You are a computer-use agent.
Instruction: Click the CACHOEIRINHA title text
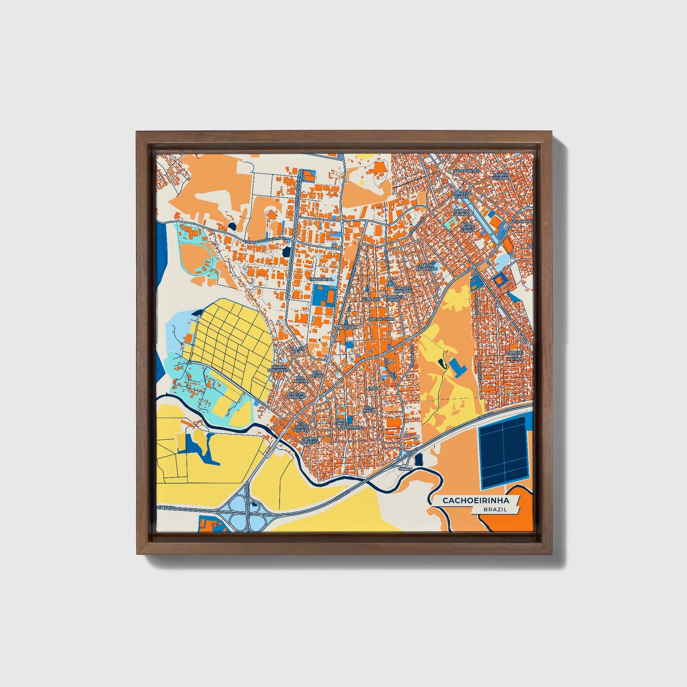[469, 501]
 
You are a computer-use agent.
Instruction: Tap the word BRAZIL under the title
[495, 509]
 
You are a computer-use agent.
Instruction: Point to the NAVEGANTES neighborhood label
[466, 170]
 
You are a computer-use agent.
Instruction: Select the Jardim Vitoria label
[500, 176]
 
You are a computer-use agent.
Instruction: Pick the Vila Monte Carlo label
[468, 227]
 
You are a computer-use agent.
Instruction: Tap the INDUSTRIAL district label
[321, 280]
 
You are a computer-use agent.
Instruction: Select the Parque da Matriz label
[513, 355]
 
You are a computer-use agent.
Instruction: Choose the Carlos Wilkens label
[297, 395]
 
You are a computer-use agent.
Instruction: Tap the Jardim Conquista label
[279, 369]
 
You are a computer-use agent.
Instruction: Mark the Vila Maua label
[369, 408]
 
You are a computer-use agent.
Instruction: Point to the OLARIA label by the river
[406, 469]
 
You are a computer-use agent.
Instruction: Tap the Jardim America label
[310, 440]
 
